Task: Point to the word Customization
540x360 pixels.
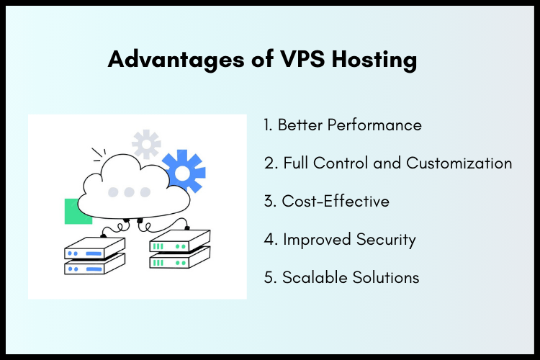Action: tap(459, 163)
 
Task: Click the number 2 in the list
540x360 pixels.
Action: tap(269, 163)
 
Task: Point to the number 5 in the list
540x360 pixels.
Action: tap(269, 277)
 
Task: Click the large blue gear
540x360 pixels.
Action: tap(184, 171)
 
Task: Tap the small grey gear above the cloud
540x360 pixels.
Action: tap(146, 144)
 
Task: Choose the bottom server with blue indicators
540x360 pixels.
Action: tap(94, 266)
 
